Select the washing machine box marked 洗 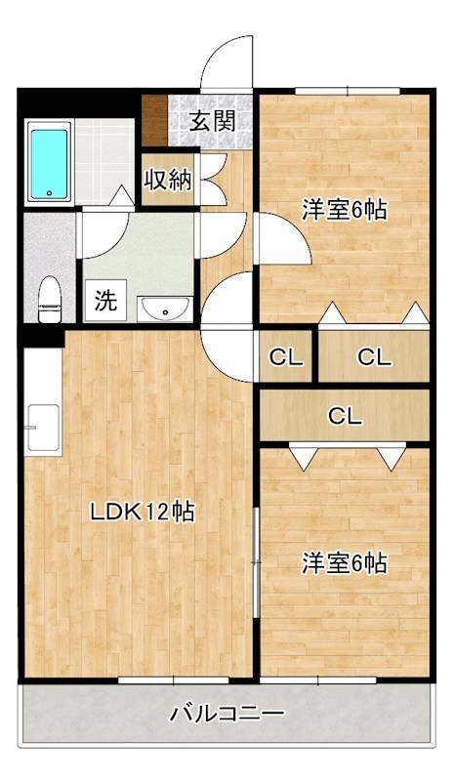(104, 300)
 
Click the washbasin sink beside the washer (164, 308)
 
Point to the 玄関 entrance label (211, 121)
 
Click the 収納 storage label (168, 181)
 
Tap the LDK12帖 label (141, 511)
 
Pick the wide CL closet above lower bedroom (344, 417)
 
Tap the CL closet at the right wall (373, 357)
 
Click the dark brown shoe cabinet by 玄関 (154, 117)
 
